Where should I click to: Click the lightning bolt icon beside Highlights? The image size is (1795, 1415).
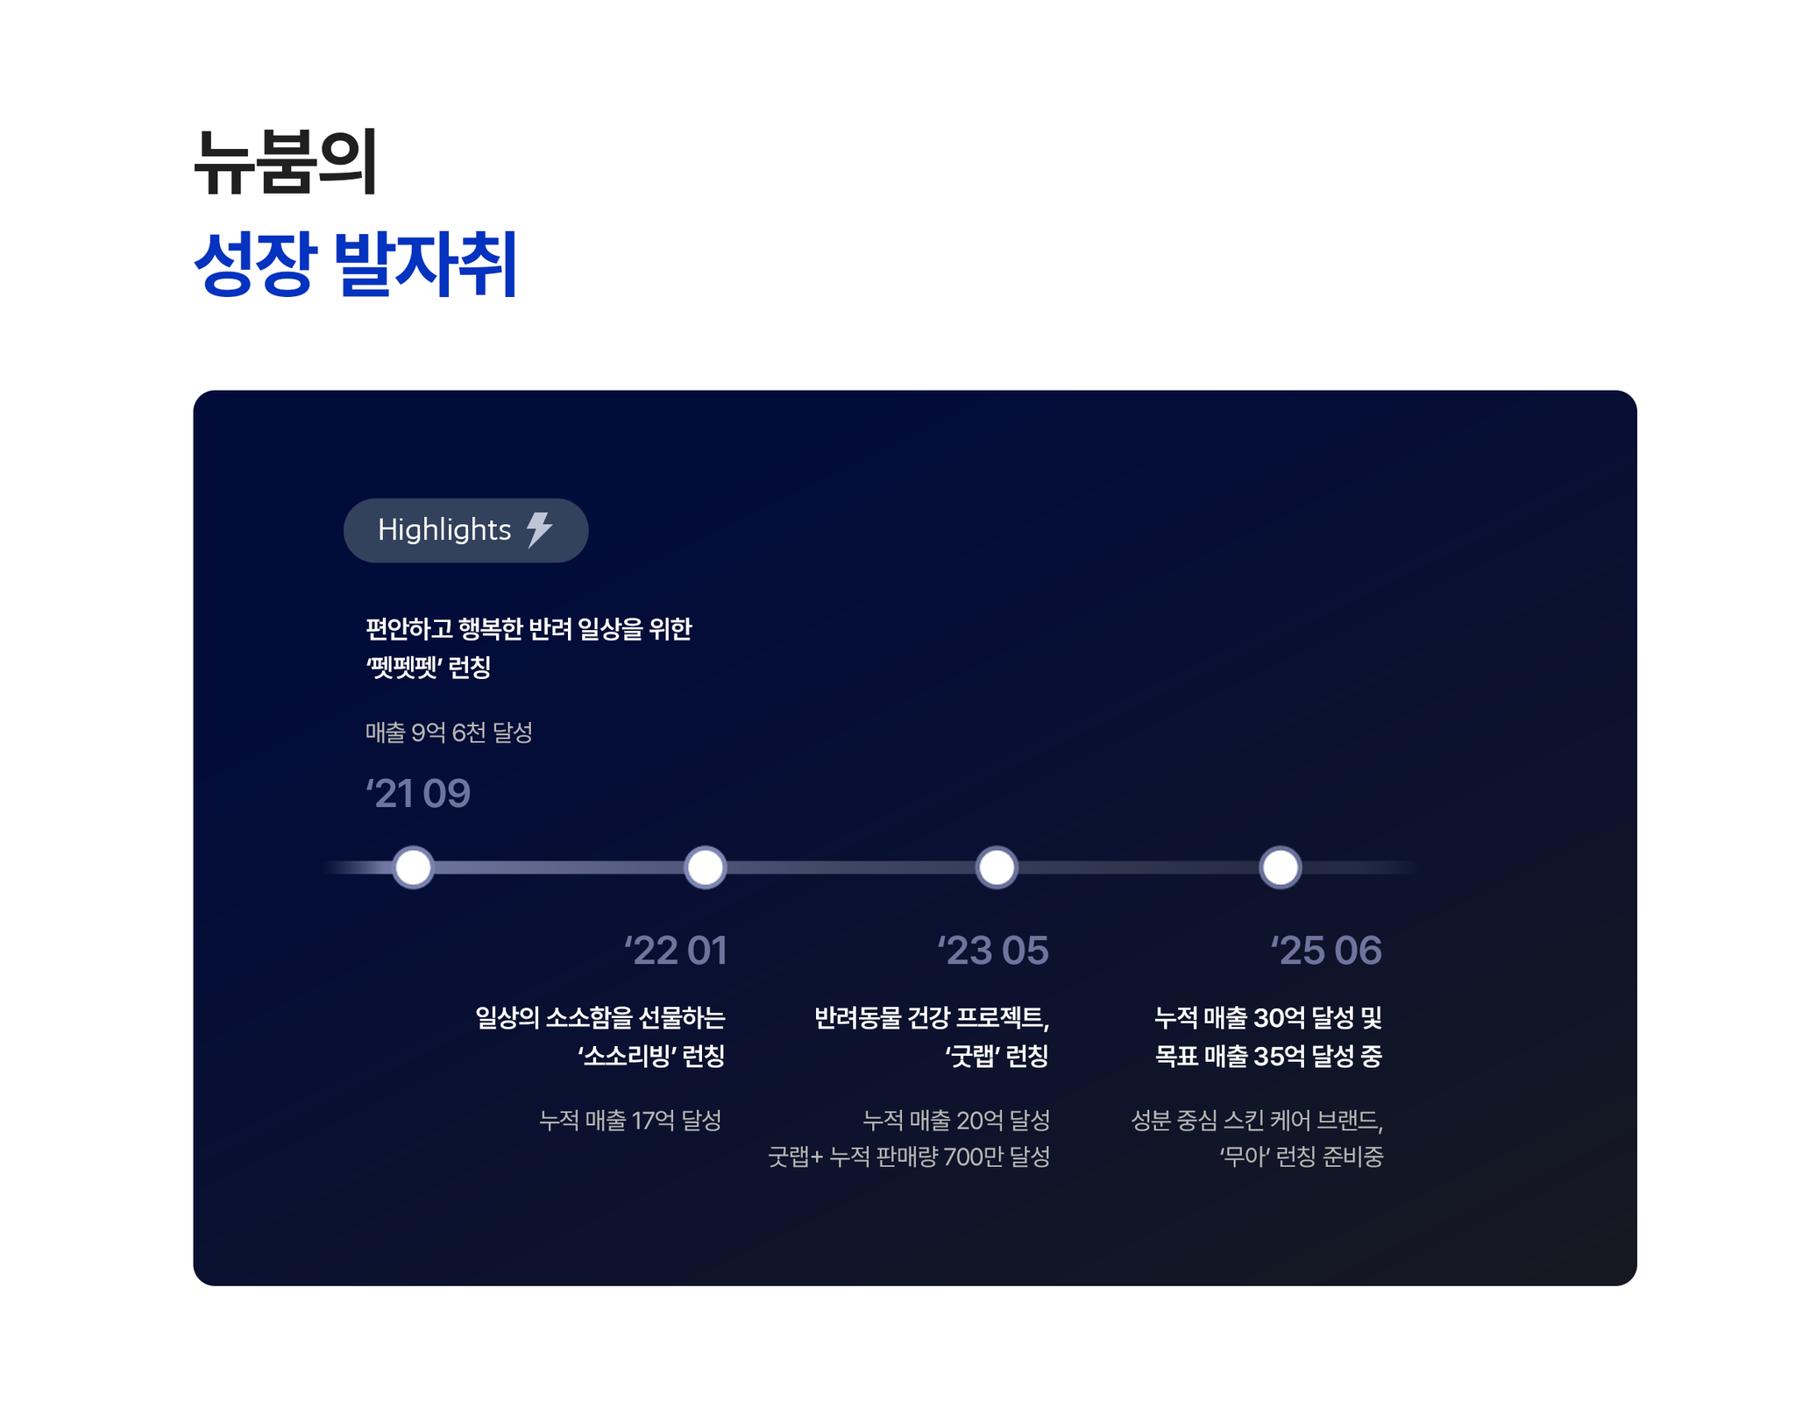[x=539, y=530]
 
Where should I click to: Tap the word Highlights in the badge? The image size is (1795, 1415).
[x=444, y=530]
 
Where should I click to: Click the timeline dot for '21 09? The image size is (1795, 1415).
[x=413, y=867]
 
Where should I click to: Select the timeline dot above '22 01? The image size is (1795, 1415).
[x=705, y=867]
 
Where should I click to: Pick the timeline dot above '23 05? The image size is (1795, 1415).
[x=997, y=867]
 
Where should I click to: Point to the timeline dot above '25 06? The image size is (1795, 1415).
[x=1280, y=867]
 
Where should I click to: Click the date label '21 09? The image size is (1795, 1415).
[x=418, y=793]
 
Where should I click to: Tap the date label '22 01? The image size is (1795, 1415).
[x=676, y=951]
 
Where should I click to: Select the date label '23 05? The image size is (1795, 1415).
[x=993, y=951]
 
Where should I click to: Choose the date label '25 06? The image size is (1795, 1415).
[x=1326, y=951]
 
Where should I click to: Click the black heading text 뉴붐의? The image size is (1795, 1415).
[x=286, y=162]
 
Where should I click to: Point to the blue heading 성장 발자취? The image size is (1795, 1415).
[x=356, y=263]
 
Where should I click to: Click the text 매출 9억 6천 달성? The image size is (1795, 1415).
[x=449, y=732]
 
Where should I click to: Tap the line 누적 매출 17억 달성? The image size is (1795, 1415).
[x=630, y=1120]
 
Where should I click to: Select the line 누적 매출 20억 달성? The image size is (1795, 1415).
[x=956, y=1120]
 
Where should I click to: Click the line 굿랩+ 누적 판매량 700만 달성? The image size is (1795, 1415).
[x=909, y=1157]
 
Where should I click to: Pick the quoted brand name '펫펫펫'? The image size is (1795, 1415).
[x=403, y=667]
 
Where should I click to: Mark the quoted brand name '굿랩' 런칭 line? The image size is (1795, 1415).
[x=997, y=1056]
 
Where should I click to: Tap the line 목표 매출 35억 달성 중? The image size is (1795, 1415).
[x=1268, y=1056]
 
